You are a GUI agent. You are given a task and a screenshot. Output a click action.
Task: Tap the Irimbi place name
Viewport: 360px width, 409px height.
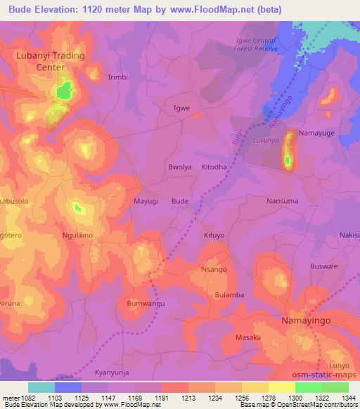(117, 77)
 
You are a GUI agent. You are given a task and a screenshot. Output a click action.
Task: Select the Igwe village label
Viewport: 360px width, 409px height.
(181, 108)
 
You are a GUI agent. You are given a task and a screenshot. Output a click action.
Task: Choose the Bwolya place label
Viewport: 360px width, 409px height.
(180, 168)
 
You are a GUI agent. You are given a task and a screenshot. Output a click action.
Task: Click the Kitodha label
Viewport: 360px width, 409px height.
(214, 168)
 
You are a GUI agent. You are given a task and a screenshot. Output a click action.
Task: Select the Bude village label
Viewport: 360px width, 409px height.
(180, 202)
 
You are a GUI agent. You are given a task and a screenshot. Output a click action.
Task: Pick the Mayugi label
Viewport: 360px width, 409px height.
(145, 202)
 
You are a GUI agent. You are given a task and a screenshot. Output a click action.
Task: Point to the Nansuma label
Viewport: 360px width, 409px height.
(282, 201)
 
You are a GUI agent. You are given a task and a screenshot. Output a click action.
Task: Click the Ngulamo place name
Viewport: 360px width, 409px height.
(77, 235)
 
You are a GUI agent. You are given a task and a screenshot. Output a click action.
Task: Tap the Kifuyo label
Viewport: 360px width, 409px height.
(214, 236)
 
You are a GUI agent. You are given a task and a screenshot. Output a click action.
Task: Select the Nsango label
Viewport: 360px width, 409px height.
(214, 269)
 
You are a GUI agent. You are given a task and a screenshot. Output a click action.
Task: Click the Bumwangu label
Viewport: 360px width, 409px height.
(146, 303)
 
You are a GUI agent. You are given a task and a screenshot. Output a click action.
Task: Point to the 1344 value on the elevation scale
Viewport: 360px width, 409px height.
(348, 397)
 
